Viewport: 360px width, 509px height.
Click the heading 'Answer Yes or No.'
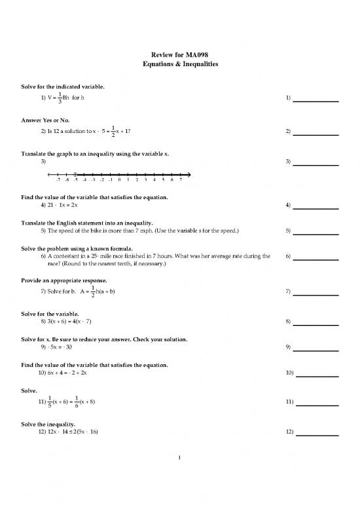48,119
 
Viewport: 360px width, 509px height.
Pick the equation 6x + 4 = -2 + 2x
73,373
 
